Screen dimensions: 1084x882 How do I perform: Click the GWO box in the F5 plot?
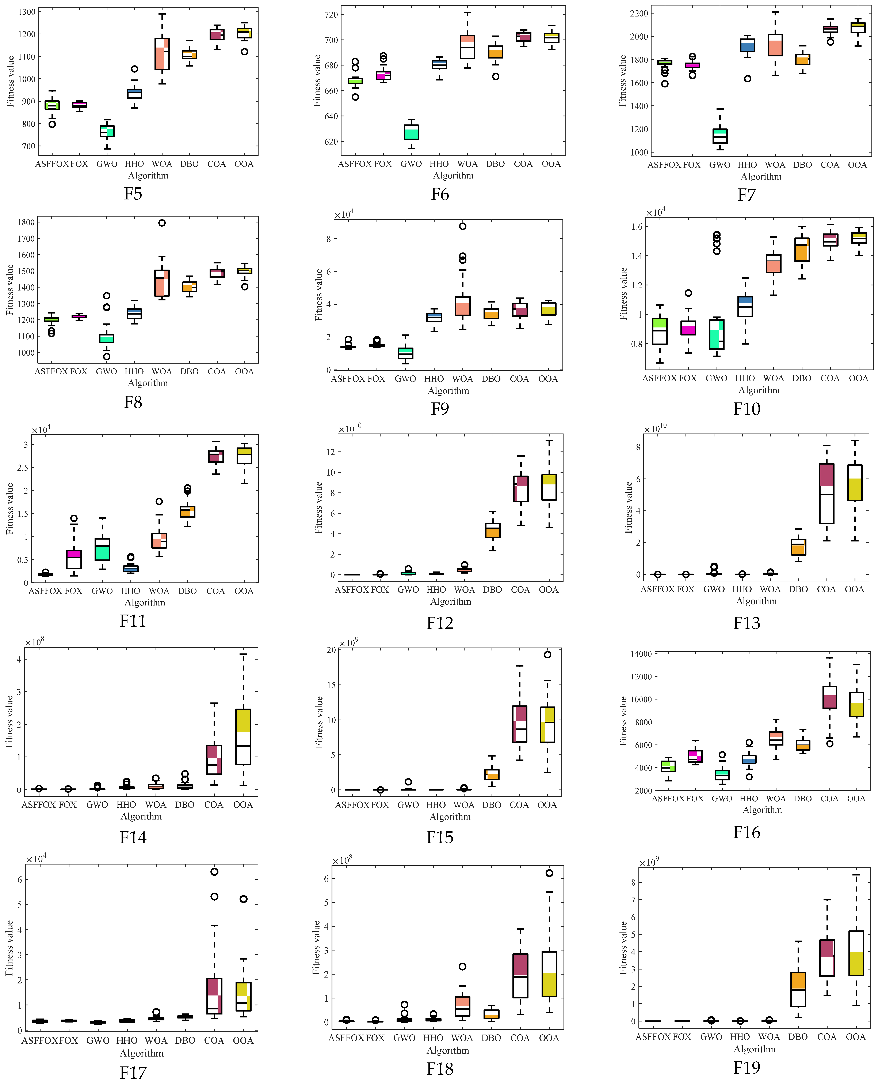[x=107, y=131]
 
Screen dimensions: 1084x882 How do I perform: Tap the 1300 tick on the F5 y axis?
[x=27, y=12]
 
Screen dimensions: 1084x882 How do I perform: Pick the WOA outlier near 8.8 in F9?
[x=462, y=226]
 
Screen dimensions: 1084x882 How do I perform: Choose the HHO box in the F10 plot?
[x=745, y=306]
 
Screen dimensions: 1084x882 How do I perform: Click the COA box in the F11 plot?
[x=216, y=456]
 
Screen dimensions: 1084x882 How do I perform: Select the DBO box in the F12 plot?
[x=492, y=530]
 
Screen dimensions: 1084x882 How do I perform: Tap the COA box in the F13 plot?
[x=827, y=493]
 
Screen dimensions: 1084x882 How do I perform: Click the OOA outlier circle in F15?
[x=547, y=654]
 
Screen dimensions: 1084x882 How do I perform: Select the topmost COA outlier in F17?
[x=214, y=871]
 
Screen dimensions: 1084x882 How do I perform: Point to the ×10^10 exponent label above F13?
[x=655, y=429]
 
